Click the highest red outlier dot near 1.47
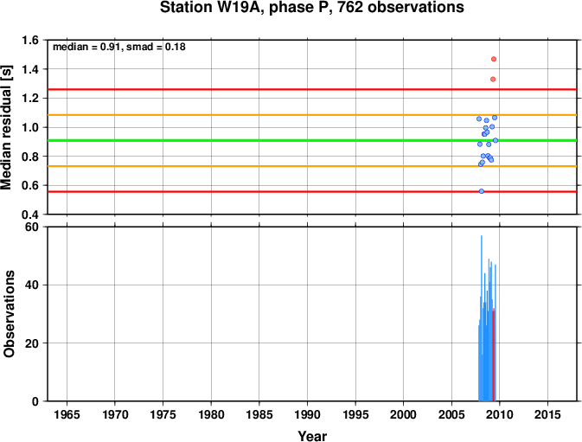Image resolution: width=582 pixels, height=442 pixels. tap(494, 59)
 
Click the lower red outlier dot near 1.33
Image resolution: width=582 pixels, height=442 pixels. tap(493, 79)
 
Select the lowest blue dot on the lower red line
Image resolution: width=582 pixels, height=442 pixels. tap(482, 191)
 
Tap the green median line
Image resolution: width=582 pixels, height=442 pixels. tap(312, 140)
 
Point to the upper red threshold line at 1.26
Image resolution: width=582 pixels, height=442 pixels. tap(312, 89)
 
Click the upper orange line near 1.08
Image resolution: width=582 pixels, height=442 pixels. tap(312, 115)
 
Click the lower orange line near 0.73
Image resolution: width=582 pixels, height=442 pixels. tap(312, 166)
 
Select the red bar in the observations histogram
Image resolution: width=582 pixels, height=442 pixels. tap(493, 355)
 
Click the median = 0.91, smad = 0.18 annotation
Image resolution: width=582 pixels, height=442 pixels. tap(119, 47)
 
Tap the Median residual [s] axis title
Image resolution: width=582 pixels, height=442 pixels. tap(6, 127)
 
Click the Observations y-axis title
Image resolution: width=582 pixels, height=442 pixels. tap(9, 314)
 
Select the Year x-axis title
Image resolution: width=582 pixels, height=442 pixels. tap(312, 436)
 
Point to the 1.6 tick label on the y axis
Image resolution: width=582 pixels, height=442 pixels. tap(30, 40)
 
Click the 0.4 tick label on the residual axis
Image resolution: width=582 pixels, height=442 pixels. tap(30, 215)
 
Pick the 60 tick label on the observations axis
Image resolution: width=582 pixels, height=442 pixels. tap(32, 227)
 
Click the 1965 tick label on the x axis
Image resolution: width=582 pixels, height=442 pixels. tap(67, 414)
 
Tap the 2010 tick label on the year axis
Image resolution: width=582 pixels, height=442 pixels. tap(500, 414)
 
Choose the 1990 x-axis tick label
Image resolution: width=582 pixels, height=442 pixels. tap(307, 414)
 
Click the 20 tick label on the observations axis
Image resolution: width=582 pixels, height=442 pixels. tap(32, 343)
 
